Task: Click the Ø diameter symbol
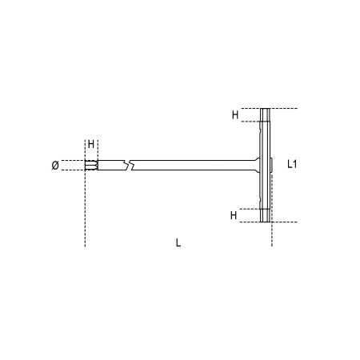point(54,166)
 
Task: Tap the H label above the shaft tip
point(90,144)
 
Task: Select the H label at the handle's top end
point(235,114)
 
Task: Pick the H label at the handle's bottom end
point(234,215)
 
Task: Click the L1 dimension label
point(293,165)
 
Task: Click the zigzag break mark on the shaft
point(128,166)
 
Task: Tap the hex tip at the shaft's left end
point(92,166)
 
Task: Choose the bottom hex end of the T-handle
point(266,215)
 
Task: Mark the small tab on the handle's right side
point(273,165)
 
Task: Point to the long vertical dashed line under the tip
point(84,208)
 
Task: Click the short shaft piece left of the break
point(111,166)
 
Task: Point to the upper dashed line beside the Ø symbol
point(74,161)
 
